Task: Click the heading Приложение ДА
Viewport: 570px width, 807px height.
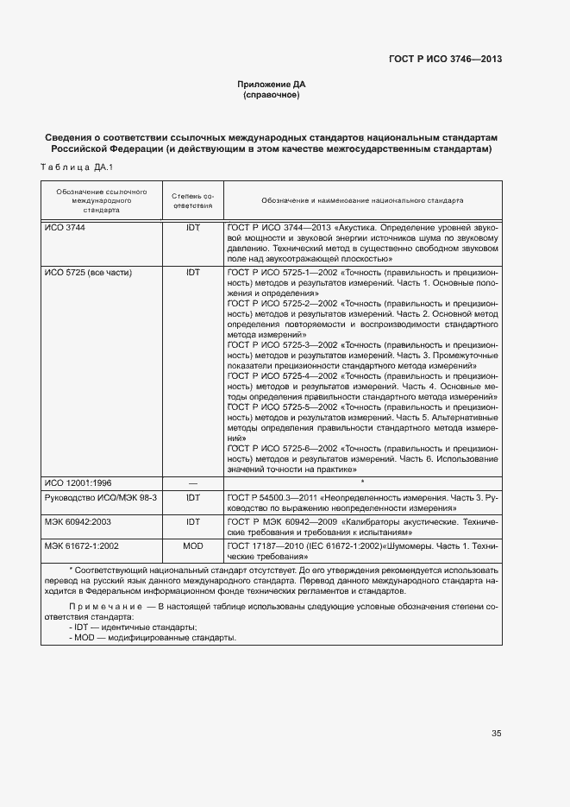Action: [x=272, y=84]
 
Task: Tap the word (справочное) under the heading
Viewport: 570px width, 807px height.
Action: [x=272, y=95]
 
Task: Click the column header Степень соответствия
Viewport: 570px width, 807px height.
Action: [x=192, y=202]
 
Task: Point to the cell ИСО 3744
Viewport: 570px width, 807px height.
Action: [x=65, y=227]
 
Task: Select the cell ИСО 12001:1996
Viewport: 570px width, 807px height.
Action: [x=78, y=483]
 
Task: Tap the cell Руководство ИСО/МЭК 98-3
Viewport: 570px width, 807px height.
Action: [x=99, y=498]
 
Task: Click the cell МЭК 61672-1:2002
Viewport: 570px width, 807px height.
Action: [x=82, y=547]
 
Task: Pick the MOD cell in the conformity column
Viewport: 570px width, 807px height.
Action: [x=192, y=547]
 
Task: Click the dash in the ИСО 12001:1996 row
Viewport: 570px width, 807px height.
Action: [x=192, y=483]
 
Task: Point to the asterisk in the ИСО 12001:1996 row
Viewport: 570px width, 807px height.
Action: [x=362, y=482]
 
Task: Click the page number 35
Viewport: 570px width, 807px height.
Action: [x=496, y=734]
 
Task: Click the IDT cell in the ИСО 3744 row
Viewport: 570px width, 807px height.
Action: [x=192, y=227]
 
